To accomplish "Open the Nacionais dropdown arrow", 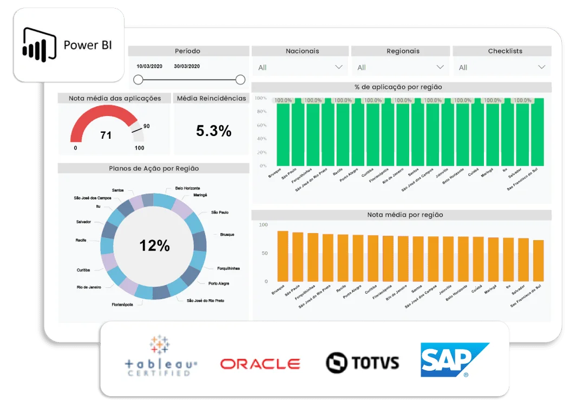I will (339, 67).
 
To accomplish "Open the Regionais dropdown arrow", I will (440, 67).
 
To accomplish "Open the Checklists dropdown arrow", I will (541, 67).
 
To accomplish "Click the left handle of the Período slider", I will (138, 80).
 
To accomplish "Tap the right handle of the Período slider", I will (240, 80).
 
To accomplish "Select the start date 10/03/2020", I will (150, 66).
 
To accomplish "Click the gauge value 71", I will (106, 135).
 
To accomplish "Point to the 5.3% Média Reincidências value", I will (213, 131).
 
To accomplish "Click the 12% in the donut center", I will (155, 246).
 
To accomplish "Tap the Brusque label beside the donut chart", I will (228, 235).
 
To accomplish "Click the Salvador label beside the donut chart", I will (83, 222).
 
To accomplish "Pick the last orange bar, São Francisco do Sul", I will (538, 261).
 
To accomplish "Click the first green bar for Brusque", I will (283, 133).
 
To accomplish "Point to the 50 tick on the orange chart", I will (263, 253).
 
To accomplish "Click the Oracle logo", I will (260, 364).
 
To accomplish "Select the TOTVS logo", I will (362, 363).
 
